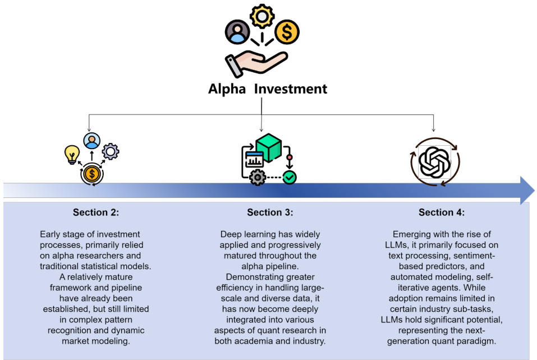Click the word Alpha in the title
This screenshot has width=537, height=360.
[x=227, y=89]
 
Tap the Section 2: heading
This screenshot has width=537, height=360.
[x=96, y=213]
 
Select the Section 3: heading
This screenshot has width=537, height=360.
[x=270, y=213]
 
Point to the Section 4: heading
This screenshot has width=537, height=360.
[x=442, y=213]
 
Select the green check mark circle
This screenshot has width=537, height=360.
[x=290, y=178]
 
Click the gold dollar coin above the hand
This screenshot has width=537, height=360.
[x=287, y=33]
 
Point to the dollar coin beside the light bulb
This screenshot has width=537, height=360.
[x=91, y=174]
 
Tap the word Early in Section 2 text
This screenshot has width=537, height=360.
[x=52, y=234]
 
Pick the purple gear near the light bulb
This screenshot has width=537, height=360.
[x=110, y=151]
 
